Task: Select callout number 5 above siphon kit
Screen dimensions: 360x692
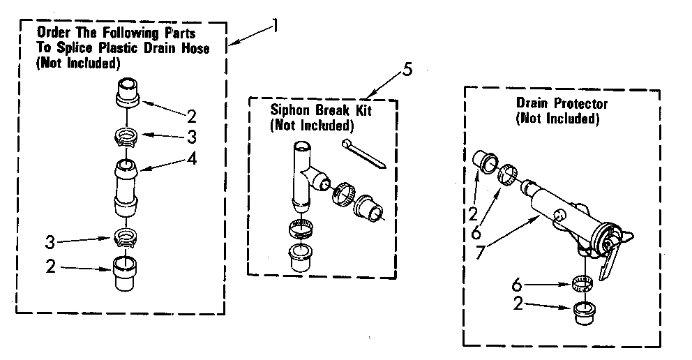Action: [x=407, y=70]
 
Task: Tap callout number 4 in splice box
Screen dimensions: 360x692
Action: [x=190, y=159]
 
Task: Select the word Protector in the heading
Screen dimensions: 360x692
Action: [x=582, y=104]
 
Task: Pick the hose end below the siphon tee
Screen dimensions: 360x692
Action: [x=301, y=258]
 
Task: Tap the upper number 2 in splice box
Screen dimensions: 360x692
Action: [x=190, y=115]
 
